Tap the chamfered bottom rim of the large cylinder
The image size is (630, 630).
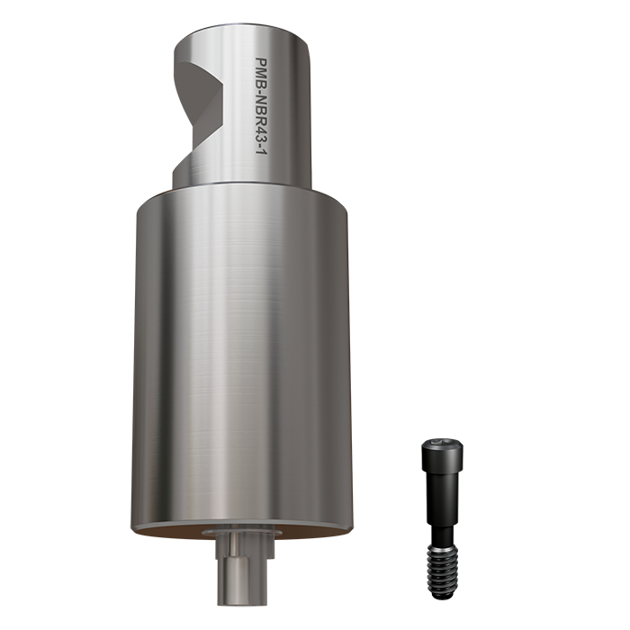[x=243, y=525]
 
